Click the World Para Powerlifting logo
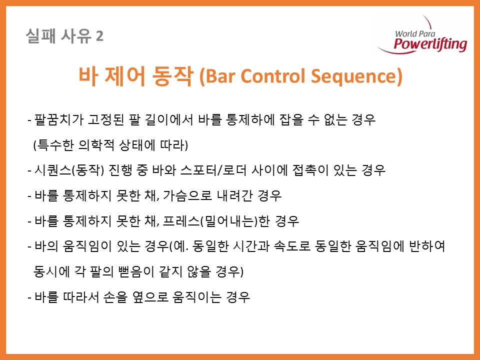(423, 35)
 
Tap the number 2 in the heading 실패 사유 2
(100, 37)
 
